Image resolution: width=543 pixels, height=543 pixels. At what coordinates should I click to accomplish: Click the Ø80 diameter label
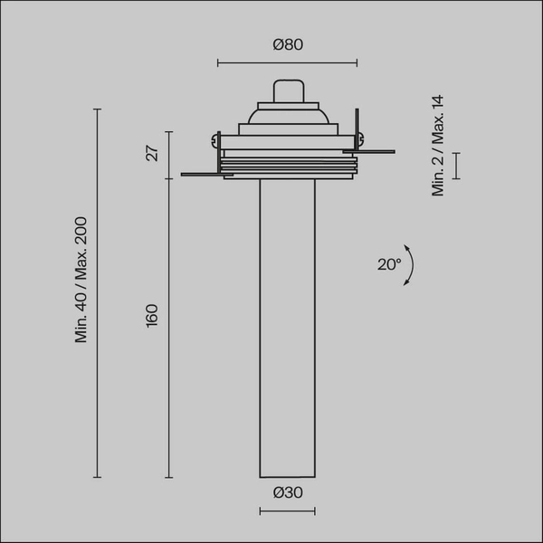pos(287,45)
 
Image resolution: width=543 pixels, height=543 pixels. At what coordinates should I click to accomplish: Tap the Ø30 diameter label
pos(287,493)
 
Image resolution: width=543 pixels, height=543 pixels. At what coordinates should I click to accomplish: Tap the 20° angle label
pos(388,264)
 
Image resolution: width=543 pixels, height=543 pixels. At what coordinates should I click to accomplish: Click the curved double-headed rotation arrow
pos(410,264)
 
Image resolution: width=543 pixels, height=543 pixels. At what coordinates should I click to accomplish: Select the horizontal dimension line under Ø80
pos(287,63)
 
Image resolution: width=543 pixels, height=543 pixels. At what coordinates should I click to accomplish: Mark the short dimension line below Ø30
pos(287,512)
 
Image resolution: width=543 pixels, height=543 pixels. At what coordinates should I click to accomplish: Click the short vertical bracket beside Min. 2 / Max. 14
pos(456,166)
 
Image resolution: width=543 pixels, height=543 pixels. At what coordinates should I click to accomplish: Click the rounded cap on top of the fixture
pos(287,91)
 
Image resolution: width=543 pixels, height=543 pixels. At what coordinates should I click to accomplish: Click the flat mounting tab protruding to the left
pos(201,173)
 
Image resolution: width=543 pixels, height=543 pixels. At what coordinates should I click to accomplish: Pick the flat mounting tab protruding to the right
pos(376,150)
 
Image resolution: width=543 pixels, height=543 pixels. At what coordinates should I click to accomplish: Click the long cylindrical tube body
pos(287,326)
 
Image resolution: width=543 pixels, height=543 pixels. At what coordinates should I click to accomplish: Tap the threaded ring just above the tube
pos(287,167)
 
